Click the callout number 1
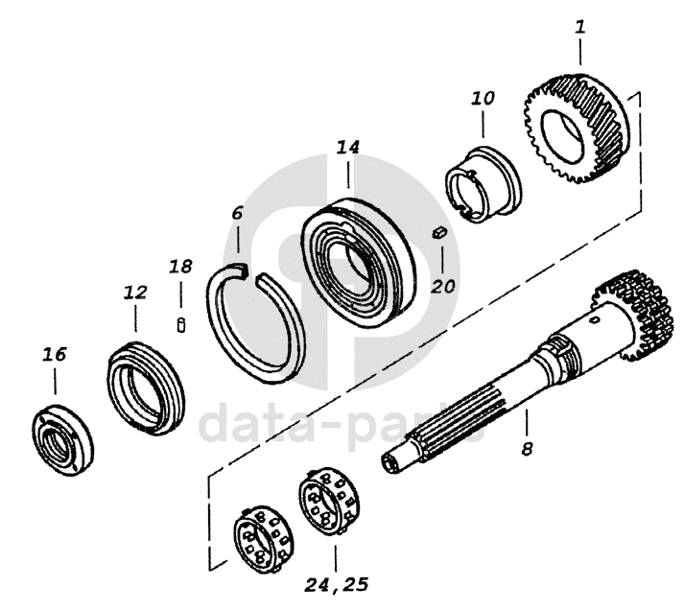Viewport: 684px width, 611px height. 579,28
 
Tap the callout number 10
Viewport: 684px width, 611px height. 483,98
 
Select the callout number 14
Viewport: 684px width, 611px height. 347,148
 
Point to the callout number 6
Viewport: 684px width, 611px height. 237,213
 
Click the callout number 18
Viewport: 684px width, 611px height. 180,266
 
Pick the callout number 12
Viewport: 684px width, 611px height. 135,293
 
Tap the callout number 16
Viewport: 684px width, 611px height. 55,354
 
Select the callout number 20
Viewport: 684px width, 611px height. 443,287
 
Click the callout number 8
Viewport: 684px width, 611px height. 527,448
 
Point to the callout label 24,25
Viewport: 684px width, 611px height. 336,584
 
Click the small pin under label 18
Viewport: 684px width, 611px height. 181,325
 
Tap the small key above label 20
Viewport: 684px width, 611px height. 438,232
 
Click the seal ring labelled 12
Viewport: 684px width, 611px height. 146,388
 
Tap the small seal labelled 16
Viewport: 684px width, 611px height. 62,439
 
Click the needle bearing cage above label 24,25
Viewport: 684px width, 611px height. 329,502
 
